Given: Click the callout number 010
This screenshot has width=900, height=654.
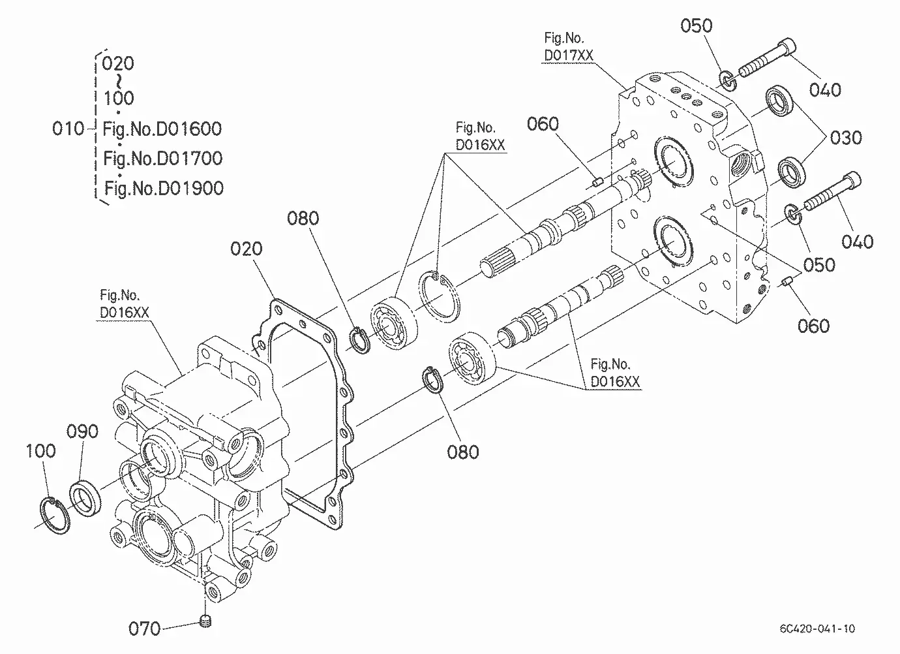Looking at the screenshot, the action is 68,129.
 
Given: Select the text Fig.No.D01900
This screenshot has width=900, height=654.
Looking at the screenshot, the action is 164,188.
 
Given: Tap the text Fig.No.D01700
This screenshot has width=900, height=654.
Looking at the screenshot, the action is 163,159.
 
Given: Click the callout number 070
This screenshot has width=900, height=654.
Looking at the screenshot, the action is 144,629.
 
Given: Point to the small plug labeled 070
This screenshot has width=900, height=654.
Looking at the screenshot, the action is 205,621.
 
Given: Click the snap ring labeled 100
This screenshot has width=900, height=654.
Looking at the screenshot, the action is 55,516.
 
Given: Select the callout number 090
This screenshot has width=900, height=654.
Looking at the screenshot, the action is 82,431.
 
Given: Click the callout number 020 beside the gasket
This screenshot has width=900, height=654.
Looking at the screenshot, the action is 247,249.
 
